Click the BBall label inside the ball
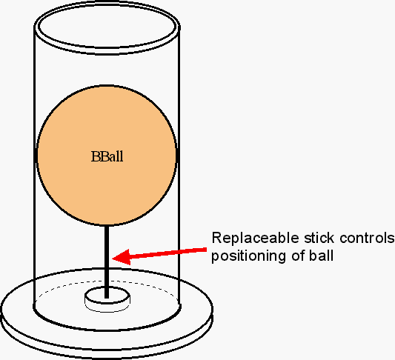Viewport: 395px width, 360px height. coord(107,156)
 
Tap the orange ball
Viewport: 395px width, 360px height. coord(107,155)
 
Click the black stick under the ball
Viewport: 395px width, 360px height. coord(107,261)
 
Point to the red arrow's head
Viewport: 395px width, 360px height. coord(122,257)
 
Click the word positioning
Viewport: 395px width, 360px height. coord(248,256)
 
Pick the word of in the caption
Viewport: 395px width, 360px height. coord(298,256)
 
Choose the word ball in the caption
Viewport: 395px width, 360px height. coord(322,256)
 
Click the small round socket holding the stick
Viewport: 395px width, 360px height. coord(107,299)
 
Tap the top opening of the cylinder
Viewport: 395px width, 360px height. coord(107,27)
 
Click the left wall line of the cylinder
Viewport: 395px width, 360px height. coord(34,166)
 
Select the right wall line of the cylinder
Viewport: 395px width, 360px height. coord(179,166)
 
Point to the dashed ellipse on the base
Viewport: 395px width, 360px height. coord(107,281)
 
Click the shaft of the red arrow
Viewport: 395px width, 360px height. coord(168,253)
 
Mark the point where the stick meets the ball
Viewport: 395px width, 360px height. coord(107,224)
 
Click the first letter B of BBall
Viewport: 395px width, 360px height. coord(95,156)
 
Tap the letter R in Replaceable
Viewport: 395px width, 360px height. coord(216,238)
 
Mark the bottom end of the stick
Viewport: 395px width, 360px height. coord(107,298)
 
